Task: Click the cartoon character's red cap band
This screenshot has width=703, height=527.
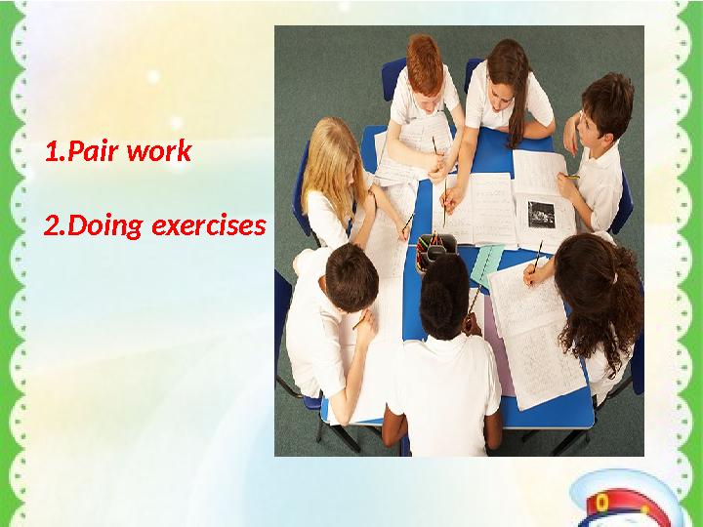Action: (625, 512)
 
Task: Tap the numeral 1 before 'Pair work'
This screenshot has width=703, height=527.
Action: (50, 152)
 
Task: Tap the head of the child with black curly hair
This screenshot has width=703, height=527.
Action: (444, 288)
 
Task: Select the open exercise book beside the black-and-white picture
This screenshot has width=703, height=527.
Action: (483, 210)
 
